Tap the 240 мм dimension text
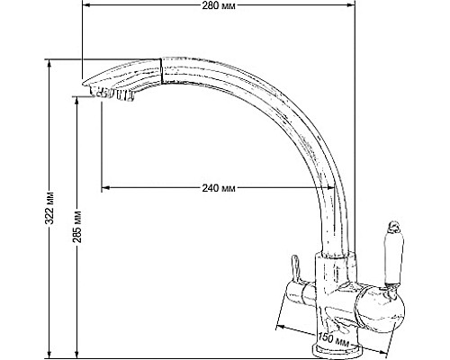tap(220, 187)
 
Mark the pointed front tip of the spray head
tap(82, 79)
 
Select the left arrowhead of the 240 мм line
tap(105, 187)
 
